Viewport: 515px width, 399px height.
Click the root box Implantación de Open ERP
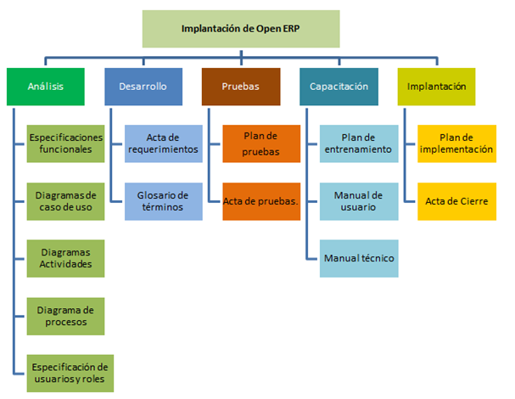[240, 29]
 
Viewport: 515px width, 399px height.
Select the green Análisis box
[44, 87]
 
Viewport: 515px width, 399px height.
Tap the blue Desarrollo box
[143, 87]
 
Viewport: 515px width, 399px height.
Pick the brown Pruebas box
[241, 87]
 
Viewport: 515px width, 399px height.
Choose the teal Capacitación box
[339, 87]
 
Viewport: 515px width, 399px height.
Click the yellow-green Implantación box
[436, 87]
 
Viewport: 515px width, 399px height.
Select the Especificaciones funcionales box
[65, 143]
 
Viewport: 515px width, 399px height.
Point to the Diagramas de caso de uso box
[65, 200]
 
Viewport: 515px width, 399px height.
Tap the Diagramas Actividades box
[65, 258]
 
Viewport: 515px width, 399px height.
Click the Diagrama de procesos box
[65, 315]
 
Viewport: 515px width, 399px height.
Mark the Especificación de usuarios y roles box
[65, 372]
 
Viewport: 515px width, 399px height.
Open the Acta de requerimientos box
[164, 143]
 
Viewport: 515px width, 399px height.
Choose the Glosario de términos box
[164, 201]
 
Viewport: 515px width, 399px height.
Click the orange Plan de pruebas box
[261, 143]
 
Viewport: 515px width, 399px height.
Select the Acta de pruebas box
[261, 201]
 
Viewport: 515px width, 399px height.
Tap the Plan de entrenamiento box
[359, 143]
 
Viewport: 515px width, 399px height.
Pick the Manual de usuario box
[359, 201]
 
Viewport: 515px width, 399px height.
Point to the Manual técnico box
[359, 258]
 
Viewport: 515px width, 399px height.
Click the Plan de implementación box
[456, 143]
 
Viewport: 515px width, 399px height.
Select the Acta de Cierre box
[456, 201]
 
